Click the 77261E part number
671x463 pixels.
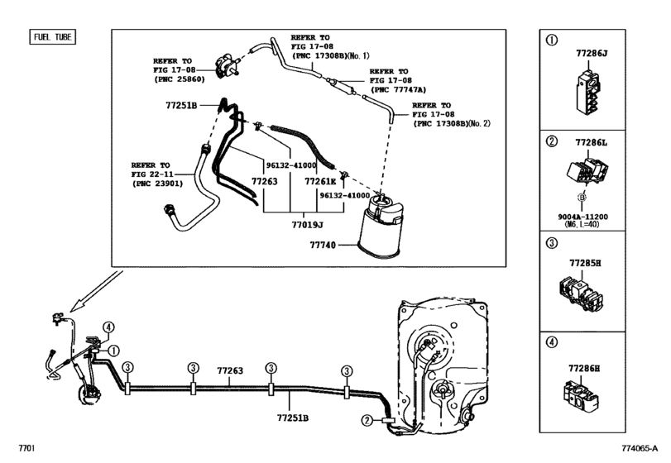[x=321, y=180]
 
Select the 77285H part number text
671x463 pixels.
[x=584, y=263]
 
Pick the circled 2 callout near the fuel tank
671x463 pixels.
[x=367, y=420]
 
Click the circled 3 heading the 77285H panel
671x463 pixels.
[x=550, y=245]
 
